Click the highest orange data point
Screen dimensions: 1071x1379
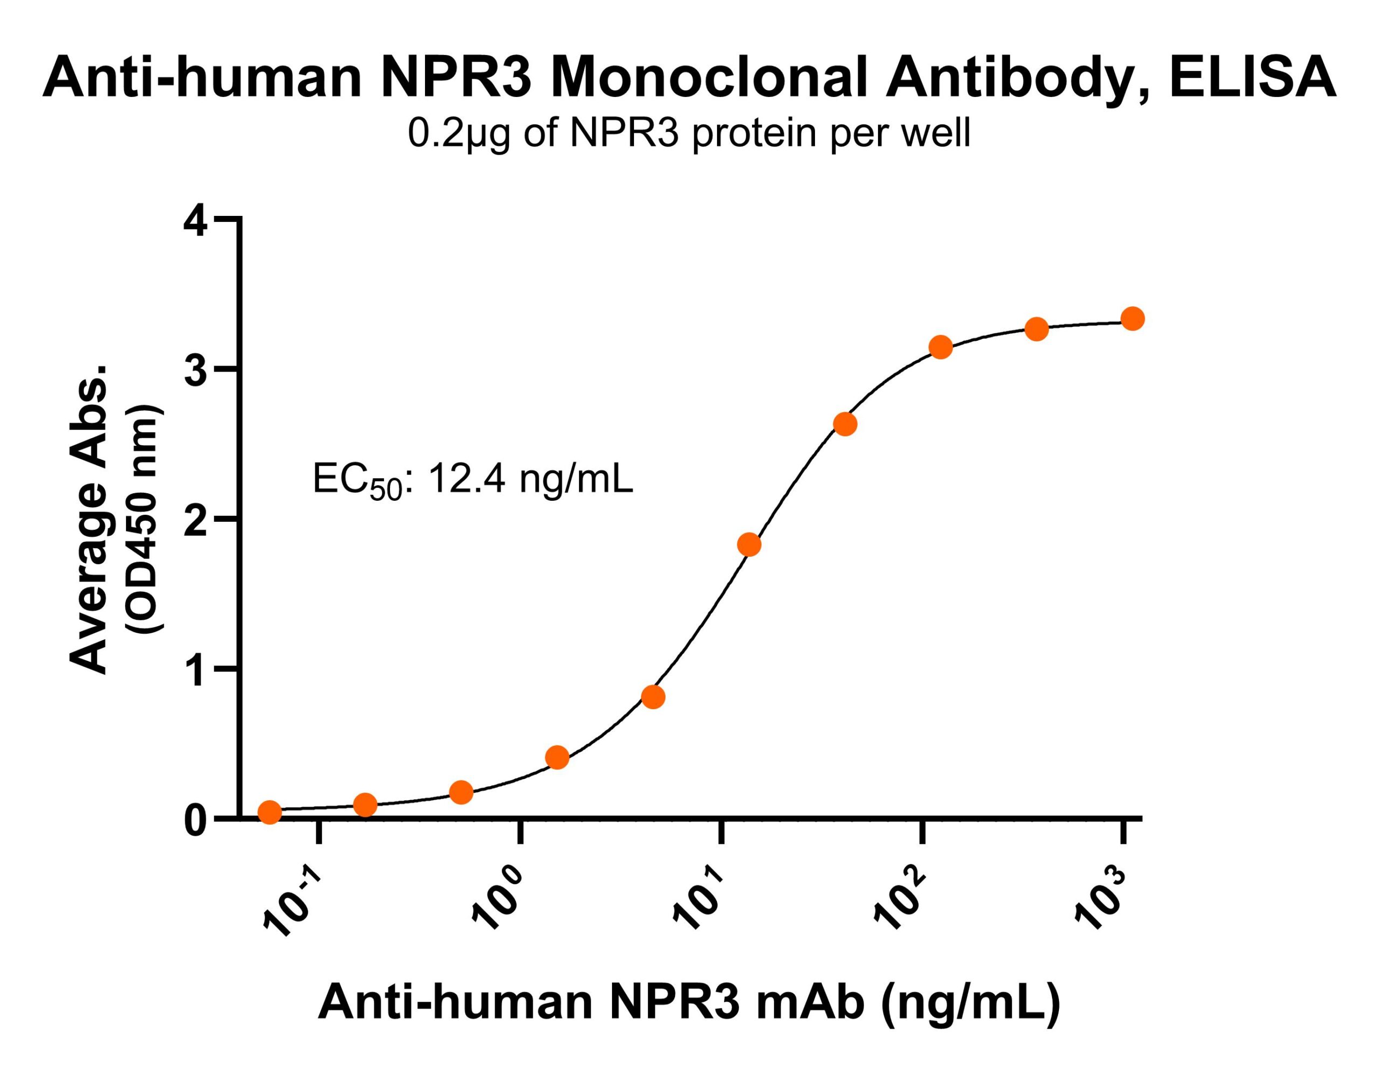click(1133, 319)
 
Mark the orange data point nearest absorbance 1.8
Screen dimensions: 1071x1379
click(749, 544)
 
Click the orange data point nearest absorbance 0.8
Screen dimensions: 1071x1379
click(653, 697)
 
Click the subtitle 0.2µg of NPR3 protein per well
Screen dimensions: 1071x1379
click(688, 135)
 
